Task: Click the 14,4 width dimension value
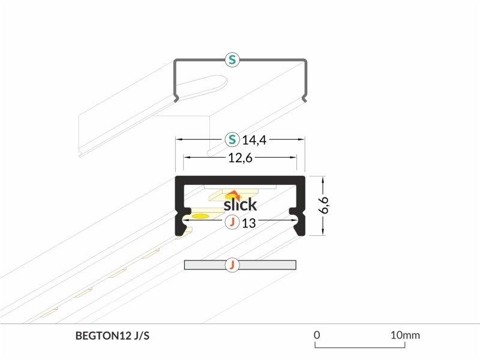[x=254, y=140]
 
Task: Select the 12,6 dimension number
[x=241, y=158]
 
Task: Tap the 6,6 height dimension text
[x=324, y=205]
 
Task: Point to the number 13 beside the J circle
[x=248, y=223]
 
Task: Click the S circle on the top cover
[x=232, y=59]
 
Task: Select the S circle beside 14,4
[x=232, y=140]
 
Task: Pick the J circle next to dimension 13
[x=232, y=222]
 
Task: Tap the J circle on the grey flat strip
[x=232, y=265]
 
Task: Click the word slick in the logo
[x=241, y=205]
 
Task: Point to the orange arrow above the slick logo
[x=233, y=194]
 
